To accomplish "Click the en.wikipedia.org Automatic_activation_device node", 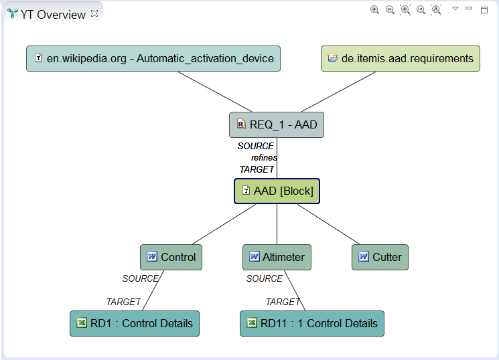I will tap(153, 58).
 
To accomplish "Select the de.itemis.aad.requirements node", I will tap(401, 58).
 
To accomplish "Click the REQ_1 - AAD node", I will tap(277, 124).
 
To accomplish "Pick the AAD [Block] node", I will tap(277, 191).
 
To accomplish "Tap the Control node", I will tap(171, 257).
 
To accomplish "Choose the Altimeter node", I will tap(277, 257).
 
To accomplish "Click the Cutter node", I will tap(380, 257).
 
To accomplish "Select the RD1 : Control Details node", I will tap(135, 323).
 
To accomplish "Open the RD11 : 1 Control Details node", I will tap(312, 323).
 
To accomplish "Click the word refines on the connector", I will tap(264, 157).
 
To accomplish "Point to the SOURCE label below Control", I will tap(140, 278).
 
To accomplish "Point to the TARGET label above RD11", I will tap(283, 302).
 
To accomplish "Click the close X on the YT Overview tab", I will tap(94, 13).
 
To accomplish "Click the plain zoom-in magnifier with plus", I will tap(374, 9).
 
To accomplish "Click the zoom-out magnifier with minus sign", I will tap(390, 9).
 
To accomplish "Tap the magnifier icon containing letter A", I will tap(436, 9).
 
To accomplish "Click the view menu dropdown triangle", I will tap(455, 9).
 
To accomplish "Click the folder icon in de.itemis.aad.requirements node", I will tap(333, 58).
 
